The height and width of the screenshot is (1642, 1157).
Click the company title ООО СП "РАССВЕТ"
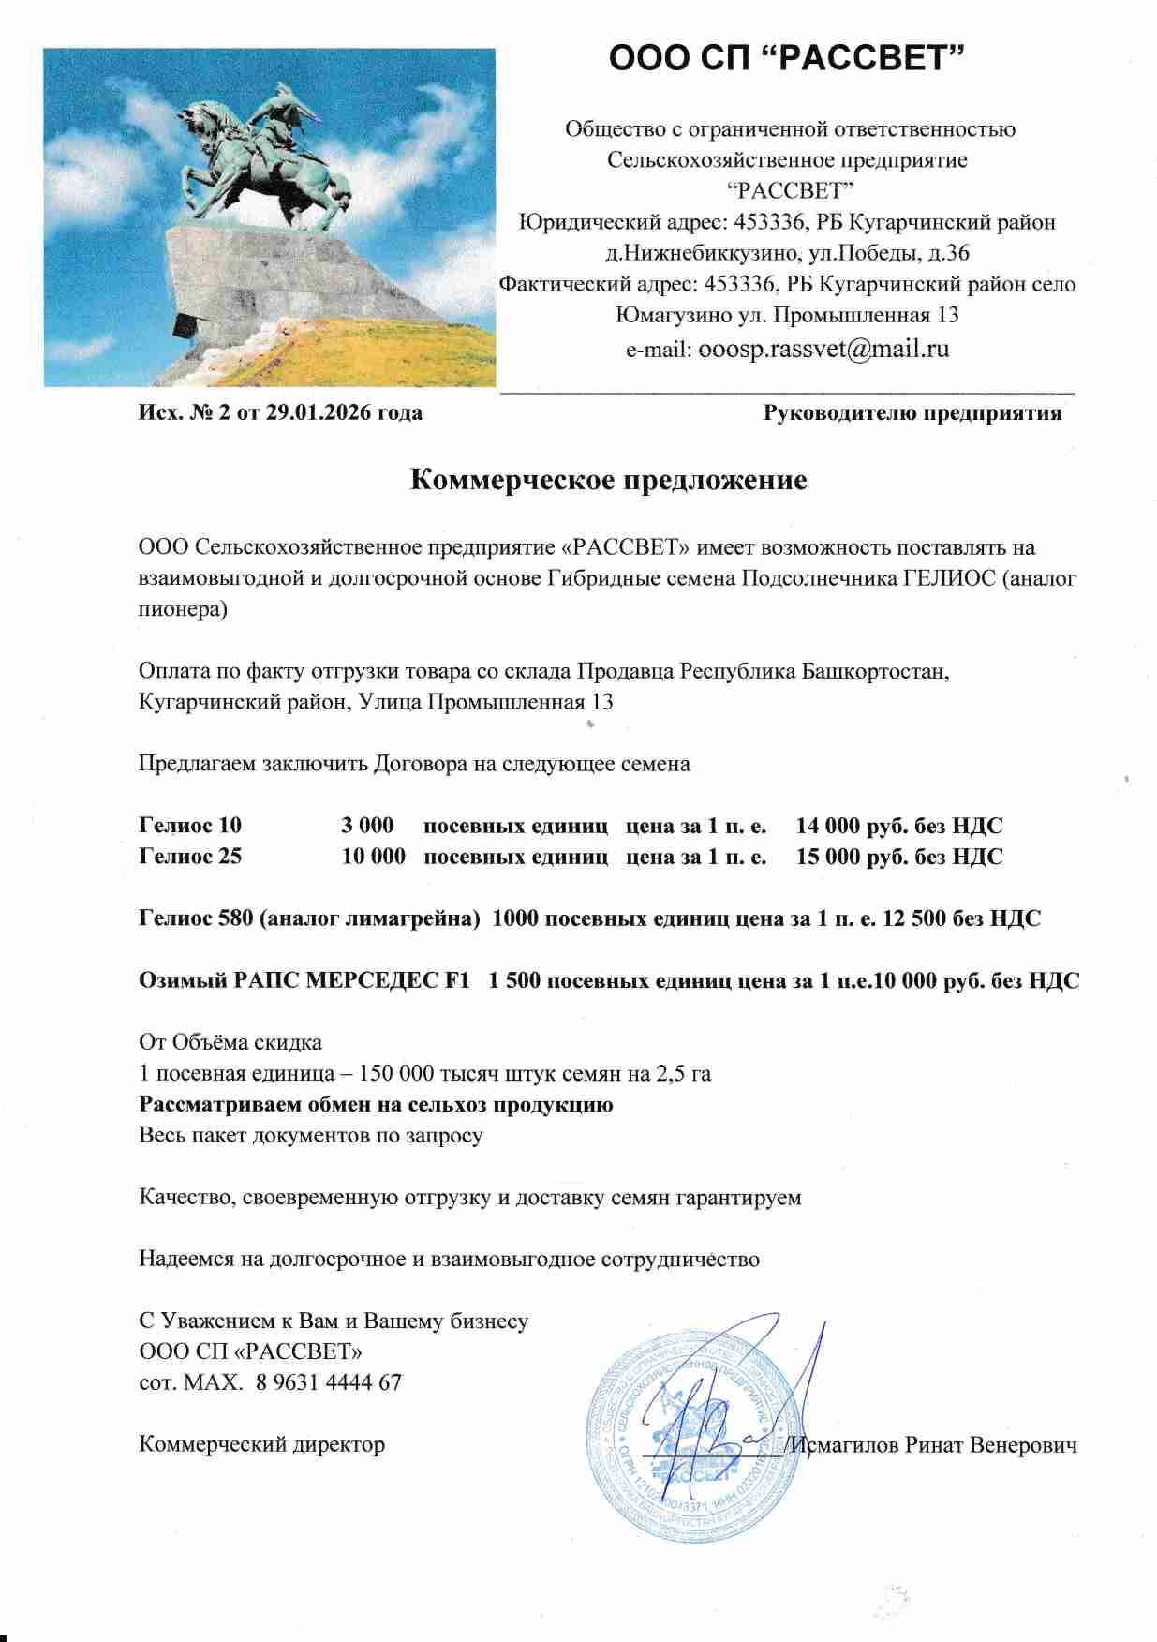(x=786, y=58)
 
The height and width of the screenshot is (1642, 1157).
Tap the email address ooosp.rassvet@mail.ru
(x=823, y=350)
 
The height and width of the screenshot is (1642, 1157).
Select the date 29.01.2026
(x=319, y=412)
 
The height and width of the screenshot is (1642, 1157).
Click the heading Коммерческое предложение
(x=608, y=480)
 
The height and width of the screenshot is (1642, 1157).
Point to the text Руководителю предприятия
(x=912, y=412)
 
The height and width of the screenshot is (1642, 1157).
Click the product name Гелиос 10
(x=190, y=826)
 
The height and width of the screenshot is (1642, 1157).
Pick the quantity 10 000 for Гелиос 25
(x=373, y=857)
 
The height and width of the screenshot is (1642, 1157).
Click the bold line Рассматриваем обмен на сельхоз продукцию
(x=376, y=1105)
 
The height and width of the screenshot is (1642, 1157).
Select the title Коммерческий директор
(x=261, y=1445)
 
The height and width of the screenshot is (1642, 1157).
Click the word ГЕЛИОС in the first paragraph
(x=949, y=578)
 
